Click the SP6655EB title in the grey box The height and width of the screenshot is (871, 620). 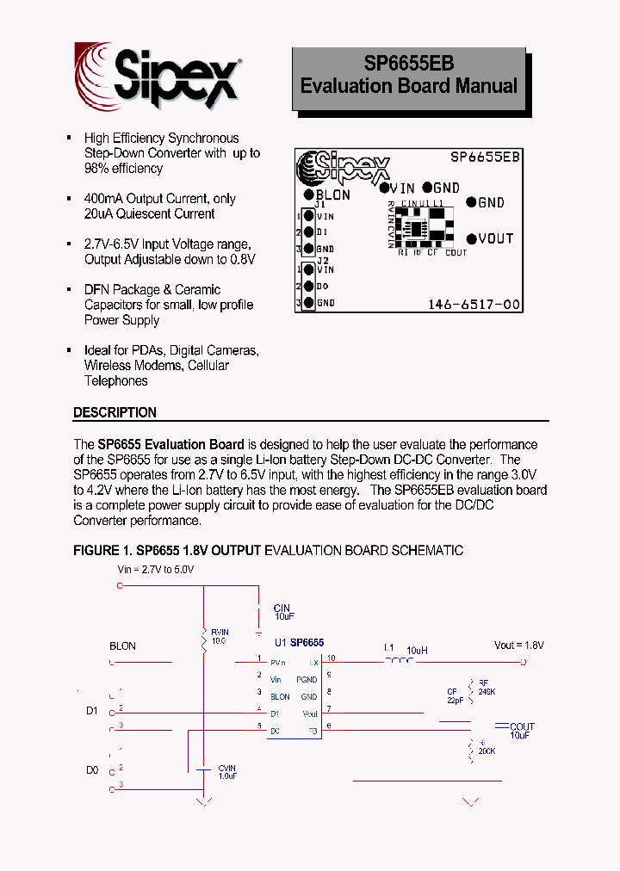tap(408, 64)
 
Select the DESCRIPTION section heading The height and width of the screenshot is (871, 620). tap(115, 412)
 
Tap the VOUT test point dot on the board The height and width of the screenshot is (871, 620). tap(472, 239)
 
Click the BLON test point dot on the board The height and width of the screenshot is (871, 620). tap(309, 195)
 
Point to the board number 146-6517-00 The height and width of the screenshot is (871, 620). tap(474, 305)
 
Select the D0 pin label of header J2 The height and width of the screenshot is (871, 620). tap(323, 287)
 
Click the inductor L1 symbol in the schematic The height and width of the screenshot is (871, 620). tap(399, 662)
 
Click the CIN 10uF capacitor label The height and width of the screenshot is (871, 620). tap(282, 612)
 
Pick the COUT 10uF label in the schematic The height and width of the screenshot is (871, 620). tap(521, 731)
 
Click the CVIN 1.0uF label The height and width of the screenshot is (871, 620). tap(226, 772)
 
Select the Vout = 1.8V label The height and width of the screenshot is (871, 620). tap(518, 645)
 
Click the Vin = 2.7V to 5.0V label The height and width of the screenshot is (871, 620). tap(156, 570)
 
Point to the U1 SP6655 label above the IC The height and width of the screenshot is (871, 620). tap(299, 643)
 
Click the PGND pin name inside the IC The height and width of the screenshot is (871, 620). tap(307, 679)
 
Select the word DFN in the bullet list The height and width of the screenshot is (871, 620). tap(96, 290)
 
